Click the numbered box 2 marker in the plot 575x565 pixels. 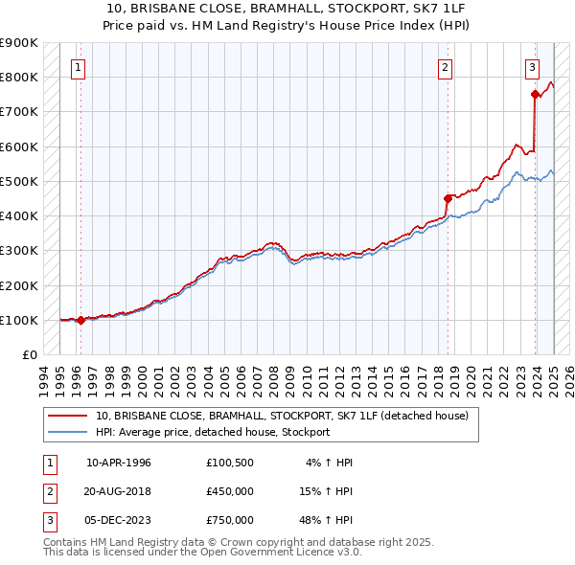pyautogui.click(x=447, y=67)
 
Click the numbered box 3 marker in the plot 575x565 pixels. pyautogui.click(x=532, y=67)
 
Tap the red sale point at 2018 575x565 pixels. pyautogui.click(x=448, y=198)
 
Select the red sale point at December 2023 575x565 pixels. pyautogui.click(x=535, y=94)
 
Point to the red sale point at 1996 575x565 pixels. pyautogui.click(x=80, y=321)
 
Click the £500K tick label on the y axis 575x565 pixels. pyautogui.click(x=18, y=181)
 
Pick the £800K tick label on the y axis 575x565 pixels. pyautogui.click(x=18, y=77)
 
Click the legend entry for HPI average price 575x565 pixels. pyautogui.click(x=212, y=432)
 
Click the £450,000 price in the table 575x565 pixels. pyautogui.click(x=230, y=491)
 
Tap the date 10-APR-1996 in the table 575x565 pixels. pyautogui.click(x=119, y=463)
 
